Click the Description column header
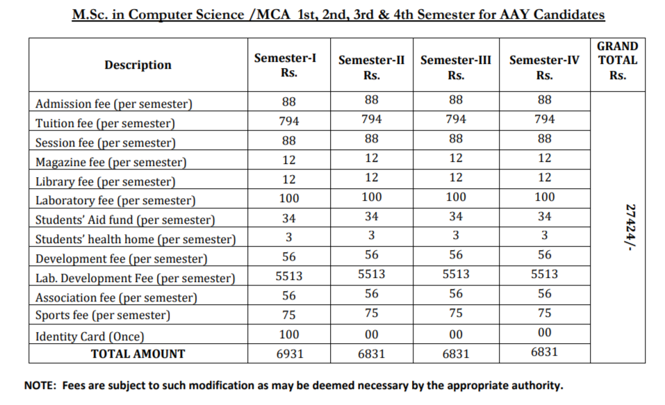138,65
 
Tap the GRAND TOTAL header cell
617,60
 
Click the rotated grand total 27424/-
631,227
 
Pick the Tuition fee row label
105,124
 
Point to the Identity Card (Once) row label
90,337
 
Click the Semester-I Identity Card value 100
288,334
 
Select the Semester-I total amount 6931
288,354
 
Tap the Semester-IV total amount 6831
544,352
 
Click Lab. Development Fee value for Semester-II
372,274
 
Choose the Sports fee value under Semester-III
455,313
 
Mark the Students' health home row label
136,240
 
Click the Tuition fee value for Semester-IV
544,119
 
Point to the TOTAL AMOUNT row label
138,354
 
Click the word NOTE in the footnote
40,386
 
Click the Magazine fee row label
110,163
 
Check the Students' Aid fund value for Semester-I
288,218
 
